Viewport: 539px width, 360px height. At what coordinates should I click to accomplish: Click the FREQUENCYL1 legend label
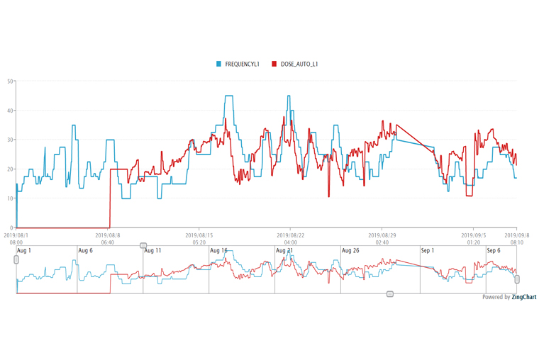tap(243, 64)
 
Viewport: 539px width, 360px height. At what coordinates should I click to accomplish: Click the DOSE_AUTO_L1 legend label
tap(299, 64)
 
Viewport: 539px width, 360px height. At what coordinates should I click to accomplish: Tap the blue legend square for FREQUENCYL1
tap(219, 64)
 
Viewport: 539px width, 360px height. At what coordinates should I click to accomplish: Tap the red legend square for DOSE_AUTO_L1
tap(274, 64)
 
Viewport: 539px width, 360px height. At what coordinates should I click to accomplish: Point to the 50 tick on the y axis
tap(10, 81)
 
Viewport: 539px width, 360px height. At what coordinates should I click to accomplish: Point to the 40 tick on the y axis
tap(10, 111)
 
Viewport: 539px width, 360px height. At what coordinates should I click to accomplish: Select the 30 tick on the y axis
tap(10, 140)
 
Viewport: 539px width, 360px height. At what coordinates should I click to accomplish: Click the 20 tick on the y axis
tap(10, 169)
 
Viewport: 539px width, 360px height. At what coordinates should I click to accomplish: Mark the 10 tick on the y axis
tap(10, 198)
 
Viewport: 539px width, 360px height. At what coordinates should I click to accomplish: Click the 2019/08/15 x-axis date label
tap(199, 235)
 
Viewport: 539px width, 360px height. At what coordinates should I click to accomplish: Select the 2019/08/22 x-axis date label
tap(290, 235)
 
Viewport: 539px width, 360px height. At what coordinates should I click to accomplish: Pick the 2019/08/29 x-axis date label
tap(382, 235)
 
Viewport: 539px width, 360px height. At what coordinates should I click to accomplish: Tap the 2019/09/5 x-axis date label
tap(473, 235)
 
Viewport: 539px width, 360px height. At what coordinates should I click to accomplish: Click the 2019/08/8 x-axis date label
tap(108, 235)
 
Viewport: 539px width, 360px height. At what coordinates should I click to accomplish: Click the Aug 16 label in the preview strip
tap(218, 251)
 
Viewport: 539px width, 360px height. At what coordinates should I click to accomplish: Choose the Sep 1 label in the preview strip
tap(427, 251)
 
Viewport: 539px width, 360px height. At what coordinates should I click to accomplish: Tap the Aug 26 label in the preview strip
tap(350, 251)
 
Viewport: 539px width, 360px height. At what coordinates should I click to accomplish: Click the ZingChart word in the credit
tap(524, 298)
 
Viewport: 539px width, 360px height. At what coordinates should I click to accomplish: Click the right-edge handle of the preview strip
tap(517, 279)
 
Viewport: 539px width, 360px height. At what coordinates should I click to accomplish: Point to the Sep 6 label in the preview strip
tap(494, 251)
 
